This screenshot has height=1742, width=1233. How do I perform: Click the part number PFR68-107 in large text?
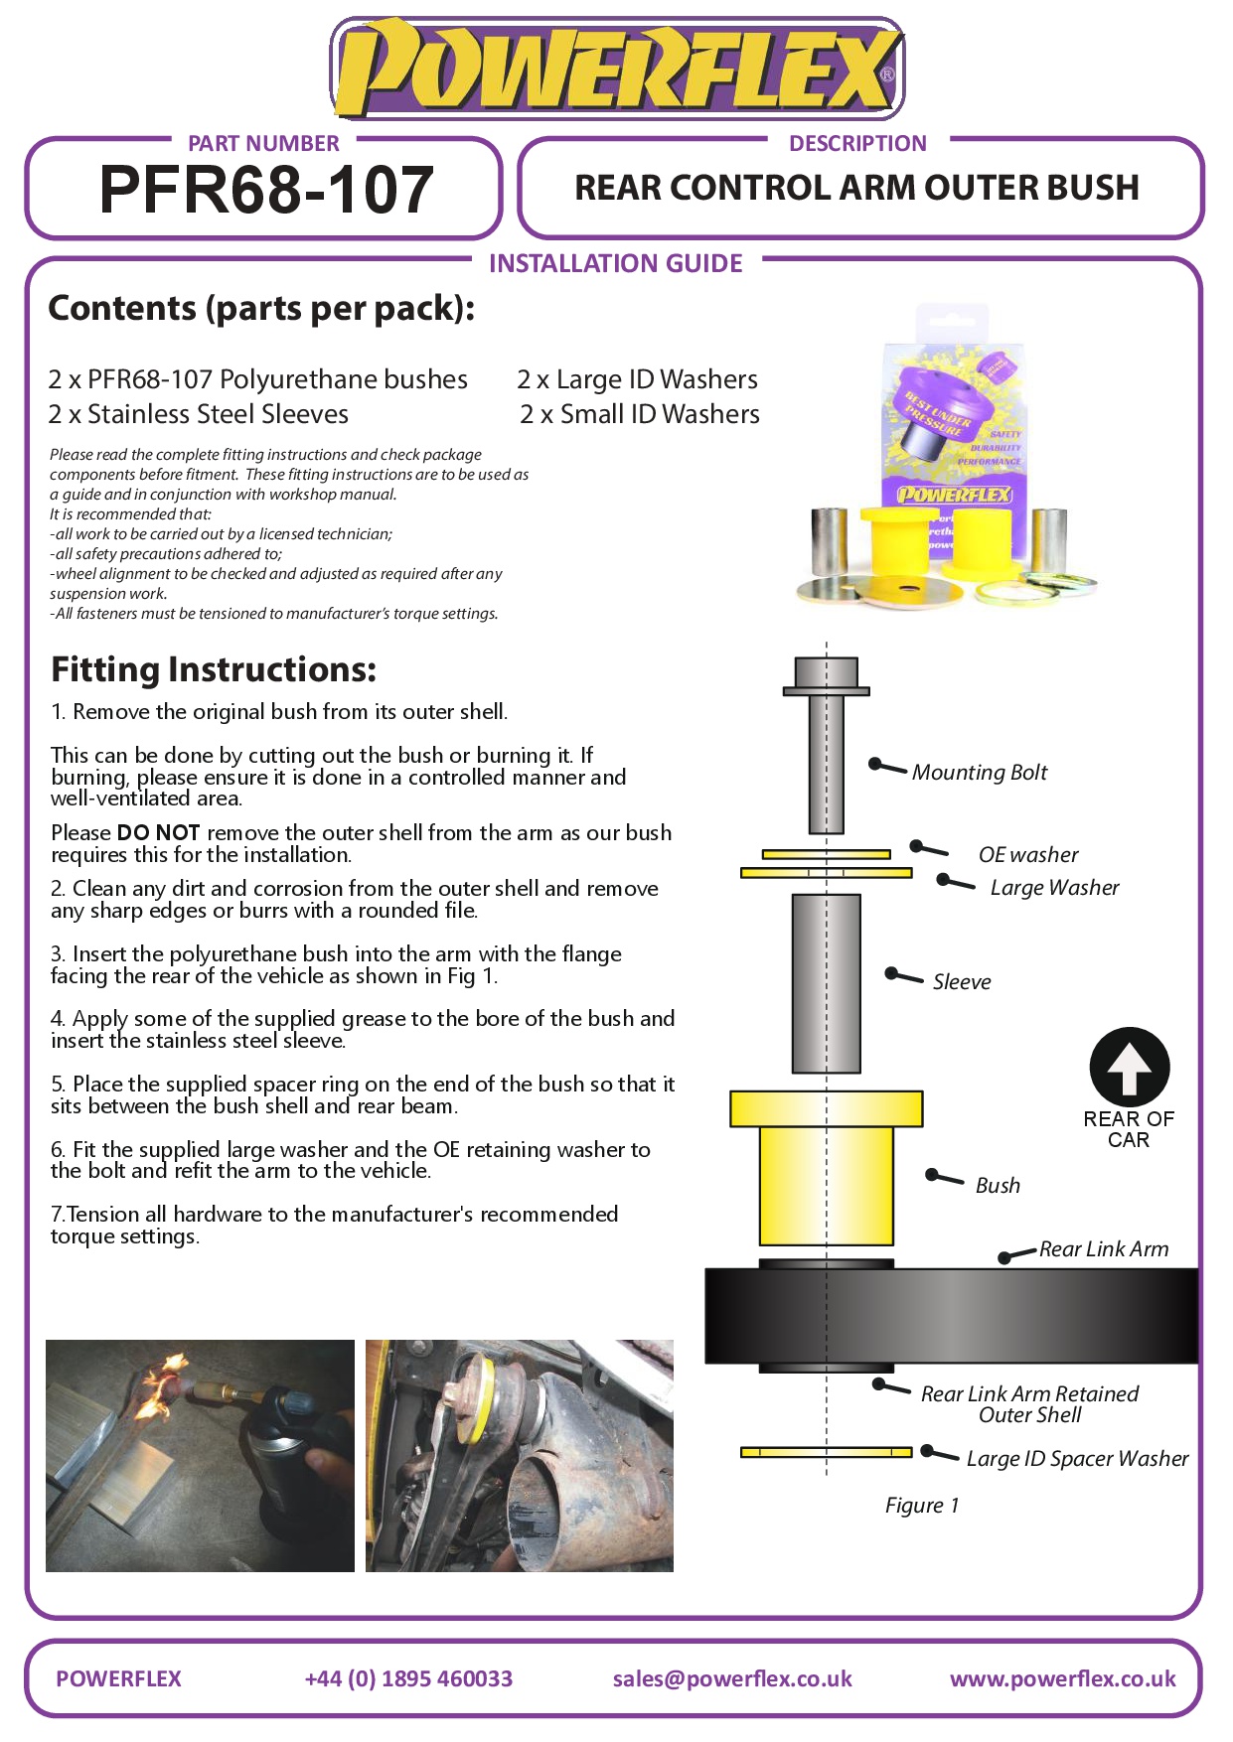point(266,190)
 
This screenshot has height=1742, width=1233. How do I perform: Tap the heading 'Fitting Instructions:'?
point(214,670)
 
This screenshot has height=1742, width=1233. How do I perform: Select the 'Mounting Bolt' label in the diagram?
point(979,773)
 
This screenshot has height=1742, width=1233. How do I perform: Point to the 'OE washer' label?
point(1027,855)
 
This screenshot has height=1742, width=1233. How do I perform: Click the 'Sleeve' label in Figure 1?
point(961,982)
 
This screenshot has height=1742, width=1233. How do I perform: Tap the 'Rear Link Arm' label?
point(1103,1249)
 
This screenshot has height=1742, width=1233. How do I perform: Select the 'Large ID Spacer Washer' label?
point(1077,1459)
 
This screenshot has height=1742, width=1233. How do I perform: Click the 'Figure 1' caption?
point(922,1506)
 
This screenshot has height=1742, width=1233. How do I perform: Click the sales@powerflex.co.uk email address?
point(732,1679)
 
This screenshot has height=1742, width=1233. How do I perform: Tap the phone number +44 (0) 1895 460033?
point(408,1679)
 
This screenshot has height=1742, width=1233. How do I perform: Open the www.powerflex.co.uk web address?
point(1062,1679)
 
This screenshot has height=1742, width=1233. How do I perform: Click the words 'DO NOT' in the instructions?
point(158,833)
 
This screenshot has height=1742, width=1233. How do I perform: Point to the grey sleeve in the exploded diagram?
point(826,983)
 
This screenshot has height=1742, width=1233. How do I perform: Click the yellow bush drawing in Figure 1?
point(826,1172)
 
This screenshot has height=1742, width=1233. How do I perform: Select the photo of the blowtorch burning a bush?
point(200,1456)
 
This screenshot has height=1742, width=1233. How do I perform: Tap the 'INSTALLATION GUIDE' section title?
point(615,264)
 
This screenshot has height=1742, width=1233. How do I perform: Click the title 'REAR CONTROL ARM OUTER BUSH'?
point(856,189)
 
